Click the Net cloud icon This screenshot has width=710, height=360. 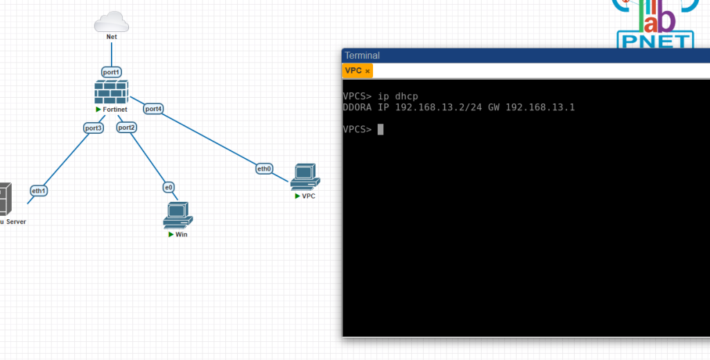[x=112, y=22]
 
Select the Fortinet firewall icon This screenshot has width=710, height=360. [x=112, y=92]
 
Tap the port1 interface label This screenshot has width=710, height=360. [x=112, y=71]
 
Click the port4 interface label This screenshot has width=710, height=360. [x=153, y=108]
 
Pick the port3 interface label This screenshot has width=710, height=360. [x=94, y=128]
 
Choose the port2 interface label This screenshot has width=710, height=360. [x=126, y=127]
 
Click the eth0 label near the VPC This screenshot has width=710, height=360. [x=264, y=169]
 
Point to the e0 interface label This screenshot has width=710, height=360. [x=168, y=187]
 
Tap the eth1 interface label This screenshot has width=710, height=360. [x=39, y=190]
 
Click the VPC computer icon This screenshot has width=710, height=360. [x=304, y=178]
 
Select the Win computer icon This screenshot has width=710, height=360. [x=177, y=216]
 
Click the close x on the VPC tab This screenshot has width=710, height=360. [x=367, y=71]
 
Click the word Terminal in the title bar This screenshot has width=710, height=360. [x=362, y=55]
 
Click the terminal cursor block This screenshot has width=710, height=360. [x=380, y=129]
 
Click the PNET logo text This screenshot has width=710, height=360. [x=655, y=42]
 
